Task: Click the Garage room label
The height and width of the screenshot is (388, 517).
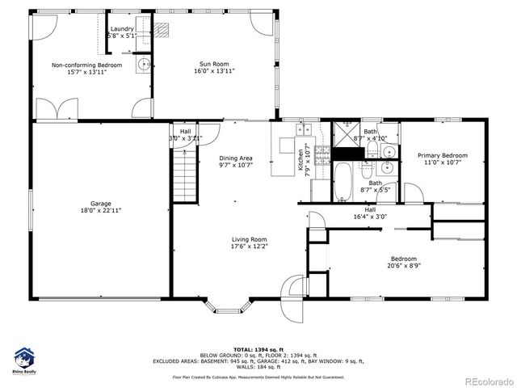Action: [101, 204]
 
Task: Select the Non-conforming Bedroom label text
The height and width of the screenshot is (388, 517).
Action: [86, 65]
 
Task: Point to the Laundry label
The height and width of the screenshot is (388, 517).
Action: [122, 29]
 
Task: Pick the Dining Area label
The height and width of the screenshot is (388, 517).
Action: [236, 158]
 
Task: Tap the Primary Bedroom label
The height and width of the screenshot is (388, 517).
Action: [442, 155]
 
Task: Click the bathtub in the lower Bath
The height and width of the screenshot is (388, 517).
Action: [343, 183]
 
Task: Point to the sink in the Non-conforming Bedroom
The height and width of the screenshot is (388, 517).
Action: [143, 65]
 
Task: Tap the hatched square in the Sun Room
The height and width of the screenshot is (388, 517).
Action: [164, 30]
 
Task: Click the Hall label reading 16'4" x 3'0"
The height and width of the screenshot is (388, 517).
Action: [371, 214]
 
